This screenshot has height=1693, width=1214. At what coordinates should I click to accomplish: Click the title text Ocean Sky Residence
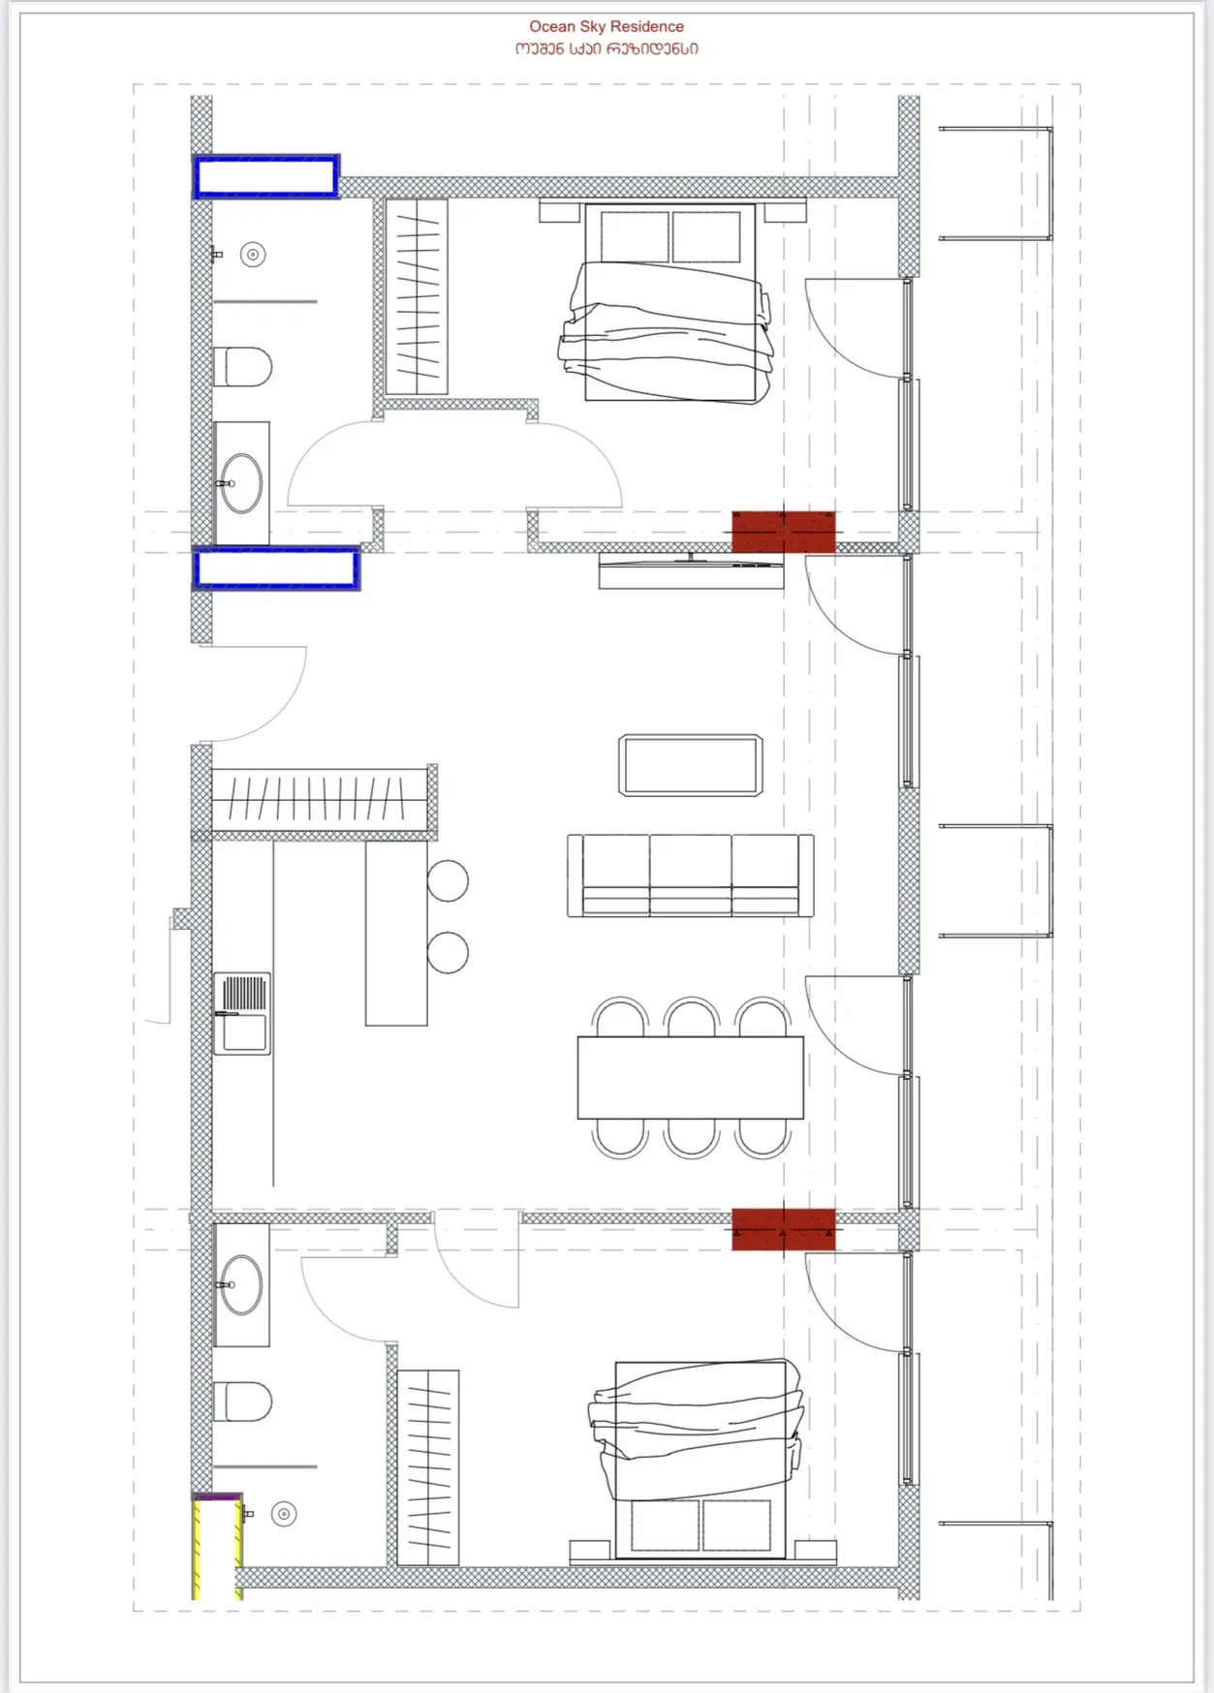tap(607, 26)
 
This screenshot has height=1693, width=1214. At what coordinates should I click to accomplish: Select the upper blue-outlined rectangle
tap(266, 176)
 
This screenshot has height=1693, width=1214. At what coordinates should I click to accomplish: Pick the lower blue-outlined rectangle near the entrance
tap(276, 569)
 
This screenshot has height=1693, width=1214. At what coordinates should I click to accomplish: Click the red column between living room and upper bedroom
tap(783, 532)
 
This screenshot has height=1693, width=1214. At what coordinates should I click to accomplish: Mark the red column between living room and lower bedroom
tap(783, 1229)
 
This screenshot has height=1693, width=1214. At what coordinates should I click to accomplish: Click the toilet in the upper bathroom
tap(242, 367)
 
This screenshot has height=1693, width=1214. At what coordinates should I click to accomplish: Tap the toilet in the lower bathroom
tap(242, 1401)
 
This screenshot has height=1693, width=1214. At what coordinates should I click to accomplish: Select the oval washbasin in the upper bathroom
tap(241, 482)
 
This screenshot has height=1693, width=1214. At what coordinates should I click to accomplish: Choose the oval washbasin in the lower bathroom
tap(241, 1284)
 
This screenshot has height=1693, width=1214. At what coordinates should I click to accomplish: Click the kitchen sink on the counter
tap(241, 1013)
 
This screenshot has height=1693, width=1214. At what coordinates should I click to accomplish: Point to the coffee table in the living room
tap(690, 765)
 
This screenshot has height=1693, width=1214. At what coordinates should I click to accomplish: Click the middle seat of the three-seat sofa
tap(690, 875)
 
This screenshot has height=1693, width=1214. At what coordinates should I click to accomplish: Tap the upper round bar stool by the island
tap(448, 880)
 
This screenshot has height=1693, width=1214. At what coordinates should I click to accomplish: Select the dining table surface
tap(690, 1078)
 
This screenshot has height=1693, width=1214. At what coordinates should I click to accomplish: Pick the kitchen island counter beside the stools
tap(396, 933)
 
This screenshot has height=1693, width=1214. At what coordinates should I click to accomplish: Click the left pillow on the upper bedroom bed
tap(635, 236)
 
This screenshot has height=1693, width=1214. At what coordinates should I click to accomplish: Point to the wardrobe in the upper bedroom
tap(417, 296)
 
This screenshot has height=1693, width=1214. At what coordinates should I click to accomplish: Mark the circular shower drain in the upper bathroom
tap(253, 255)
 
